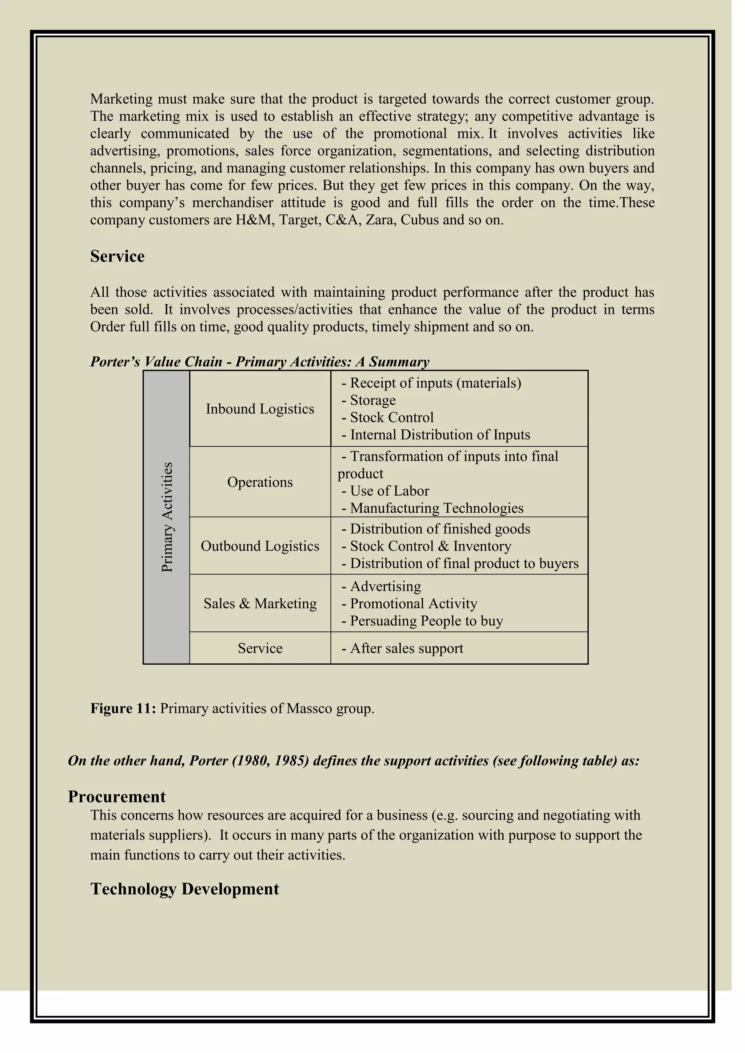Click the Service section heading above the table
117,256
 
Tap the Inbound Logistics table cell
260,409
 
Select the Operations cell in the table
260,482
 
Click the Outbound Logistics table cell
260,546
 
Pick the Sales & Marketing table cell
260,604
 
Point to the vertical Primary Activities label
167,517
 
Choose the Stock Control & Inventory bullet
430,546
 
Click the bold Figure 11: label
123,709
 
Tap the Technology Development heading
184,889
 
